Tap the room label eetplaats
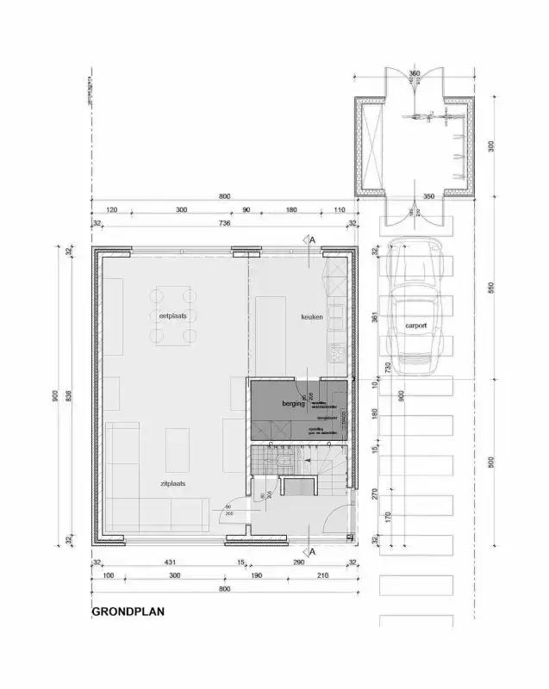[x=172, y=316]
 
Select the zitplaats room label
[x=172, y=484]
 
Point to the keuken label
[x=311, y=317]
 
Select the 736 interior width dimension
[x=224, y=224]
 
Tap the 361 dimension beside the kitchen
[x=374, y=317]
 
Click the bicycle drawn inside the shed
[x=429, y=114]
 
